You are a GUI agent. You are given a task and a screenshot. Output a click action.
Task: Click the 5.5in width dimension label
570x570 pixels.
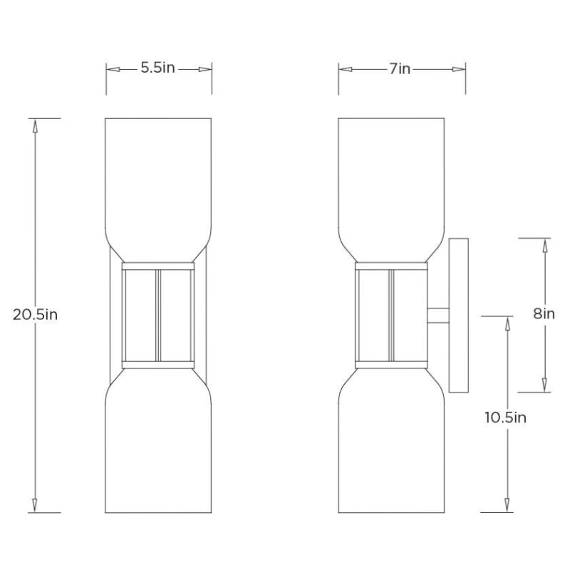click(157, 68)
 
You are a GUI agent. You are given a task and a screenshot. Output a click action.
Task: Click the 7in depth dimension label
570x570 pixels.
click(400, 68)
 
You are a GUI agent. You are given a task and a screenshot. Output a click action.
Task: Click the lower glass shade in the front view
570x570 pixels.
click(158, 449)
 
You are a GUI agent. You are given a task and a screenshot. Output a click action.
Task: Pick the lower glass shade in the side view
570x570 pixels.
click(391, 449)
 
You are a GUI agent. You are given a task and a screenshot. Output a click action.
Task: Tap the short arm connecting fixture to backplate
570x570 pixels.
click(437, 314)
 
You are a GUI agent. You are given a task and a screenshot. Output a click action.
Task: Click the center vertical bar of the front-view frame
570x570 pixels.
click(158, 314)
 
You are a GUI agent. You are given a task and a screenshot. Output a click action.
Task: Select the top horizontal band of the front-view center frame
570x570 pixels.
click(158, 266)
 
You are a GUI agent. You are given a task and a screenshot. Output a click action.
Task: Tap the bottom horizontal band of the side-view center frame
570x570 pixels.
click(391, 364)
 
